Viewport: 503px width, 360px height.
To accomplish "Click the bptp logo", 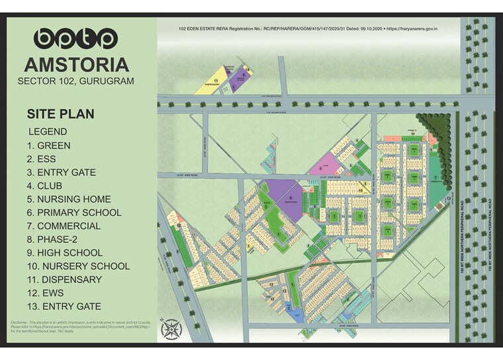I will click(x=75, y=38).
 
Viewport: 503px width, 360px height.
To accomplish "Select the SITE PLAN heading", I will click(x=60, y=114).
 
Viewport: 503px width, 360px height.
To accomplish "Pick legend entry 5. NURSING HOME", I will click(x=69, y=199).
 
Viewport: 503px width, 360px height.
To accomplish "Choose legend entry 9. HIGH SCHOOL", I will click(x=65, y=253).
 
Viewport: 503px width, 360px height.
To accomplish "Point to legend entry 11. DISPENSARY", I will click(x=64, y=279).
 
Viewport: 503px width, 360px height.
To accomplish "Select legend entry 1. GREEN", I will click(x=49, y=146).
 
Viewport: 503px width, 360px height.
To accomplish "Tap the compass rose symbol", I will click(x=171, y=329).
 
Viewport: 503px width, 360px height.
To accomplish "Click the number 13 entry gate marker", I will click(x=449, y=199).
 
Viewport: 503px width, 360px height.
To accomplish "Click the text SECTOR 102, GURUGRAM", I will click(x=76, y=81).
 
